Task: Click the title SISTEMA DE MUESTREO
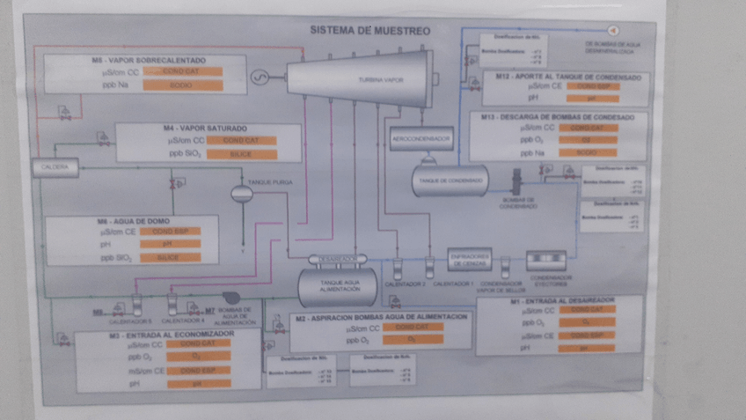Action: (x=370, y=31)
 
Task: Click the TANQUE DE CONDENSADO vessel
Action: (x=450, y=181)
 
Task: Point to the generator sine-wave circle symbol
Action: (x=260, y=78)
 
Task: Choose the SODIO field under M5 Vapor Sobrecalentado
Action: (x=179, y=85)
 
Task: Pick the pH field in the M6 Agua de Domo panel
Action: (x=170, y=244)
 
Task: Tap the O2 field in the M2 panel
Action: (x=411, y=339)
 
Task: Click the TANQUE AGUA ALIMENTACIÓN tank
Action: (x=338, y=284)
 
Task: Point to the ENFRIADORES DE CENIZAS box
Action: (x=469, y=257)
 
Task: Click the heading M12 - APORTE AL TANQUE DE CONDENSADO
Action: (x=567, y=77)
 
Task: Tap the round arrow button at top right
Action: (x=613, y=32)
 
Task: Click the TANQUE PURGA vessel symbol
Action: (x=241, y=193)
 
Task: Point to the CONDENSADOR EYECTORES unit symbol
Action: (x=551, y=259)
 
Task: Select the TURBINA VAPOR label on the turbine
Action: (x=380, y=80)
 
